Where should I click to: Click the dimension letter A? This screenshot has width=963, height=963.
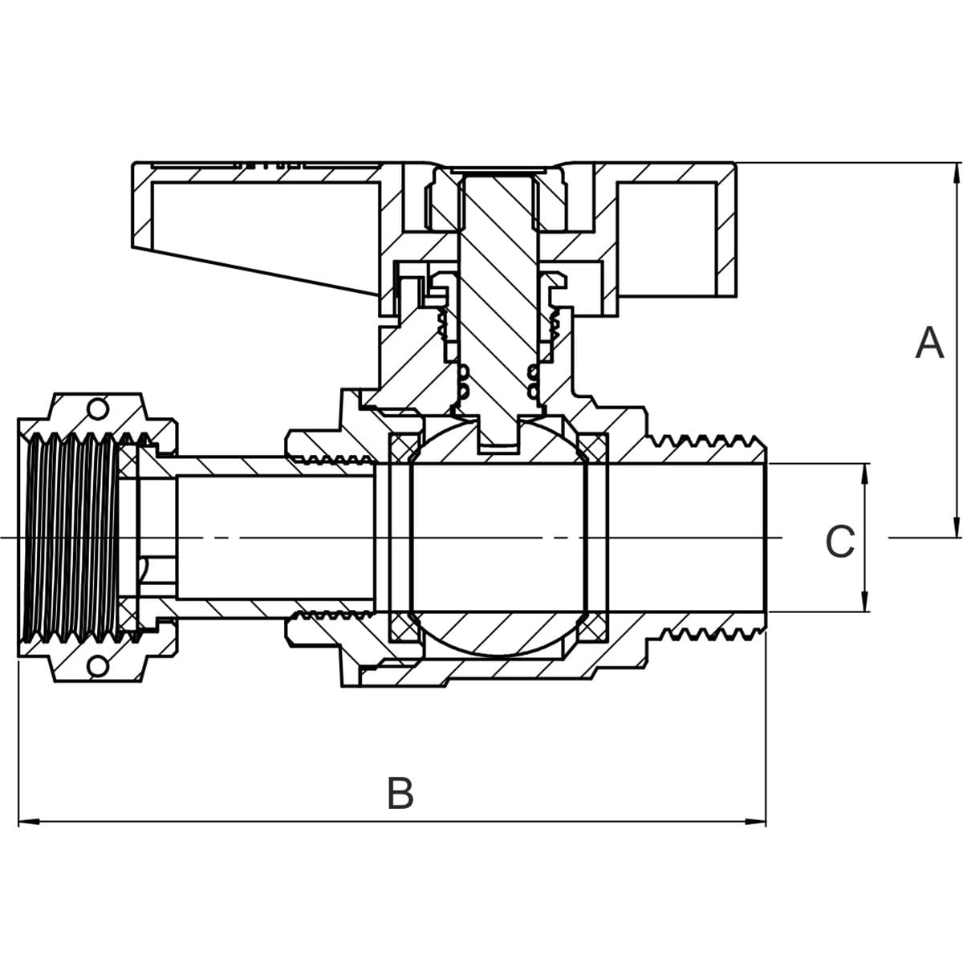point(929,343)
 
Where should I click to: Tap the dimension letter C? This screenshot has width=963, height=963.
point(839,542)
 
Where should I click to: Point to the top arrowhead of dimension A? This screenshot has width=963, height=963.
point(956,173)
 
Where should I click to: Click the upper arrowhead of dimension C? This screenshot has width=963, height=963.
point(864,473)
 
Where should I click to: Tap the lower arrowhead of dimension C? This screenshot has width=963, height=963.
point(864,601)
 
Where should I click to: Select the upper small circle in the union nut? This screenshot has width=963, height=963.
point(98,408)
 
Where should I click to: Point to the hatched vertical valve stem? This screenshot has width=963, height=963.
point(498,305)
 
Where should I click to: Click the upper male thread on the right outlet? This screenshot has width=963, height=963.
point(706,442)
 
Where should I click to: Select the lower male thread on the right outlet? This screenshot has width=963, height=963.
point(706,634)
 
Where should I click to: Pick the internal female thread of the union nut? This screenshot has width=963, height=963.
point(72,538)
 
